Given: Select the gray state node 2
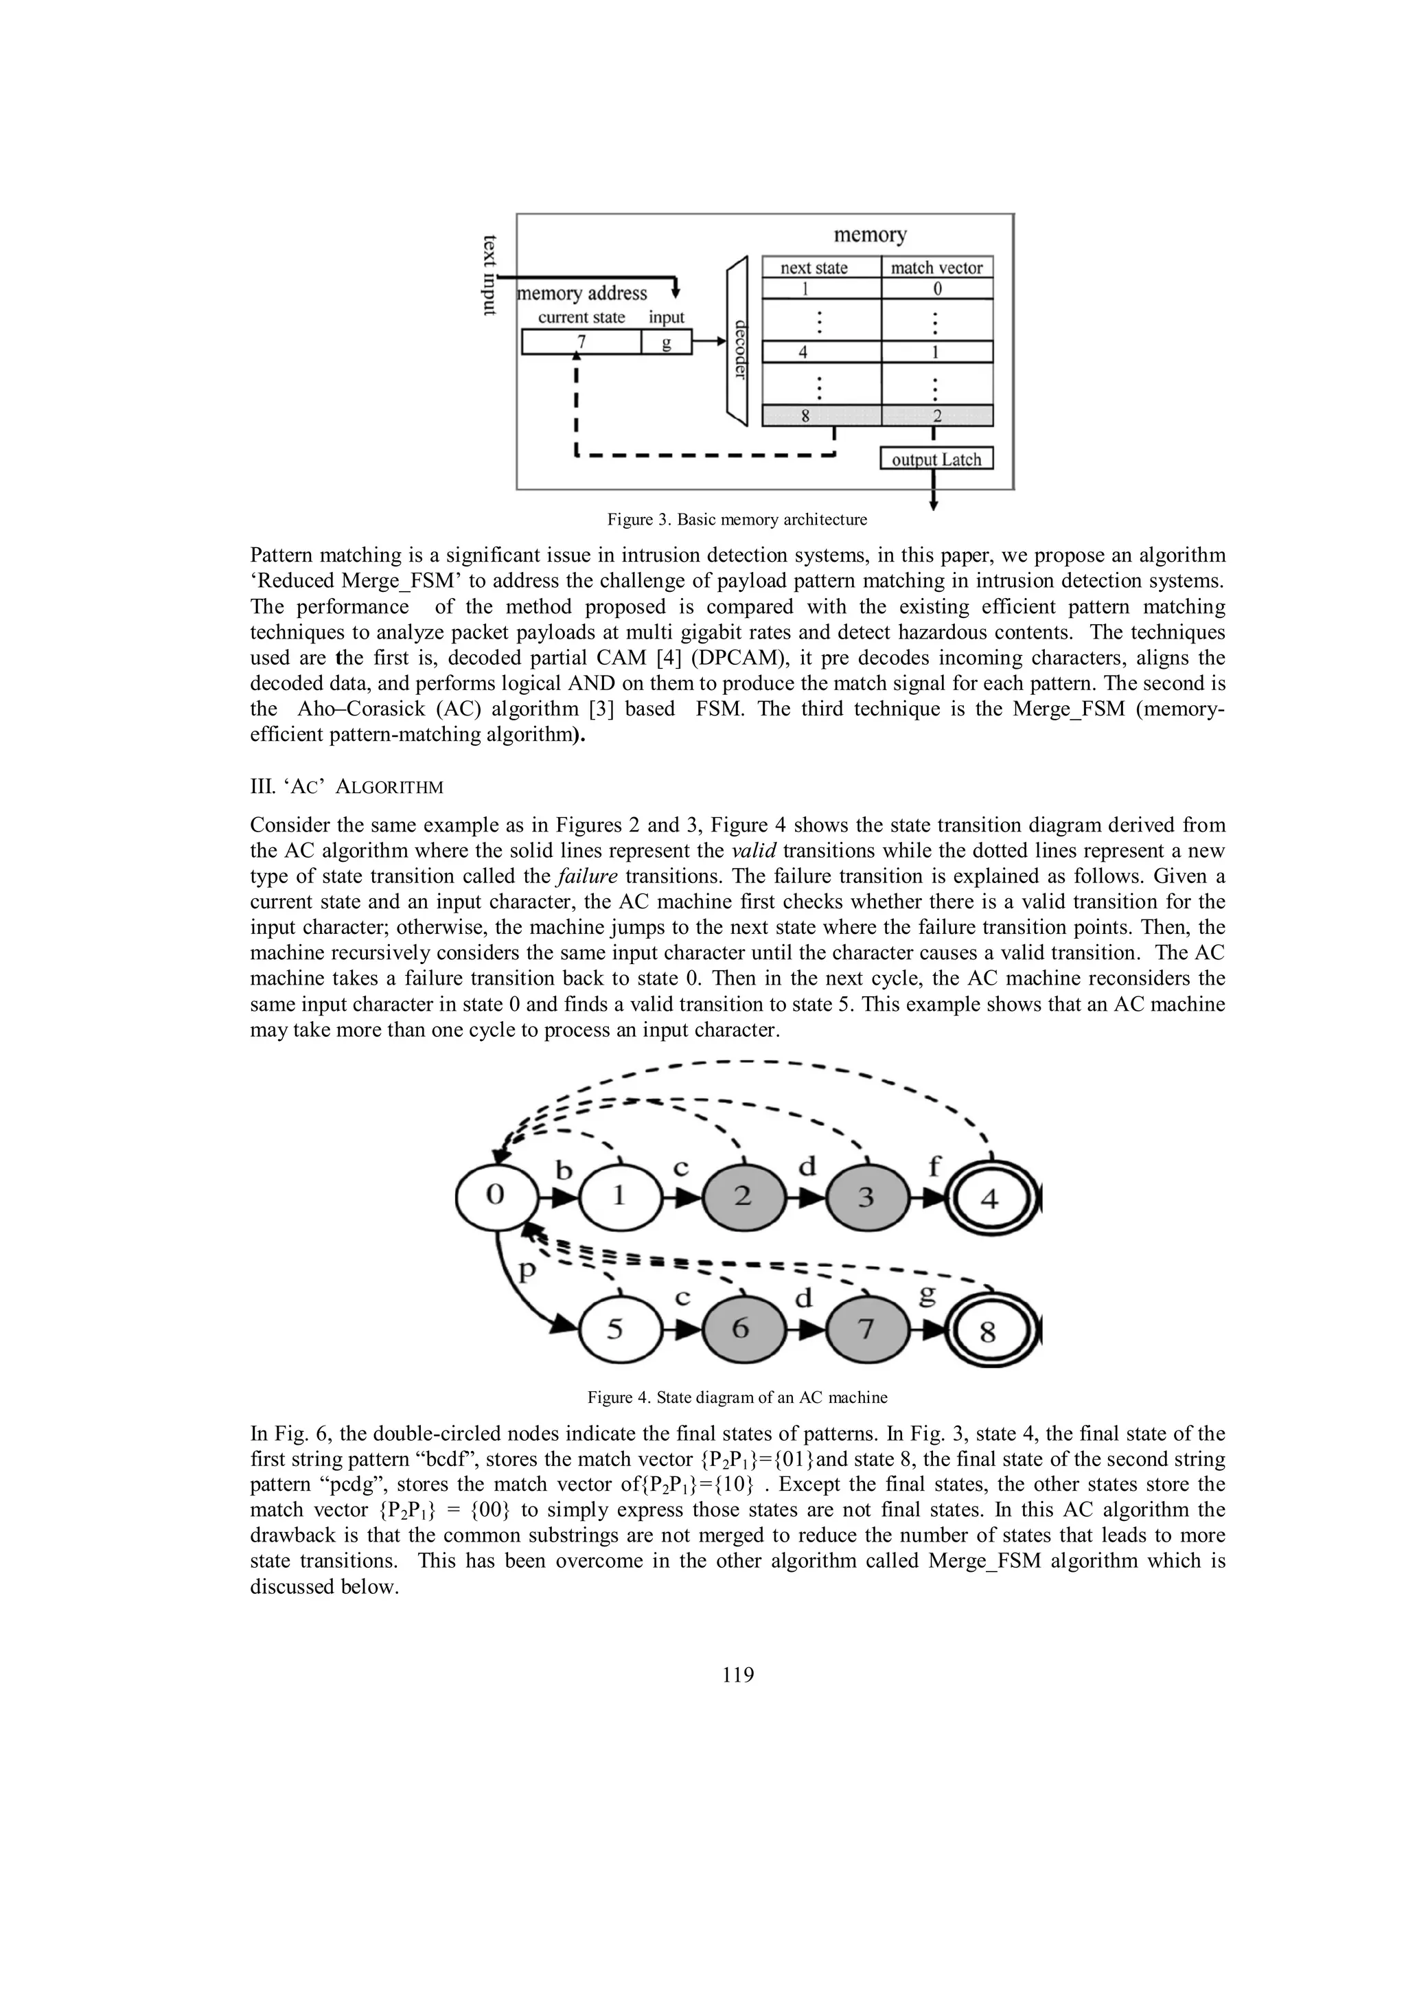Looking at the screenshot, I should coord(742,1197).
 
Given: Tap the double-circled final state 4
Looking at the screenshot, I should coord(989,1199).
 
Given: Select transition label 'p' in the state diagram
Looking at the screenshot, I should coord(527,1272).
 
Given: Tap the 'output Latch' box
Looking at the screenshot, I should coord(936,459).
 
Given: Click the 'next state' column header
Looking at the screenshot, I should coord(814,268).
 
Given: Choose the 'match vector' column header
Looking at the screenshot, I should coord(936,268).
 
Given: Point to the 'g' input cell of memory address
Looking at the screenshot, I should coord(666,343).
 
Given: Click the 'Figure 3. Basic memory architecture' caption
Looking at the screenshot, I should coord(737,520).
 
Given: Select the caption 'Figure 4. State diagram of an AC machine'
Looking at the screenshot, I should coord(737,1397).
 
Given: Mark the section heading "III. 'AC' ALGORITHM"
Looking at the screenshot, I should coord(347,787).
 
